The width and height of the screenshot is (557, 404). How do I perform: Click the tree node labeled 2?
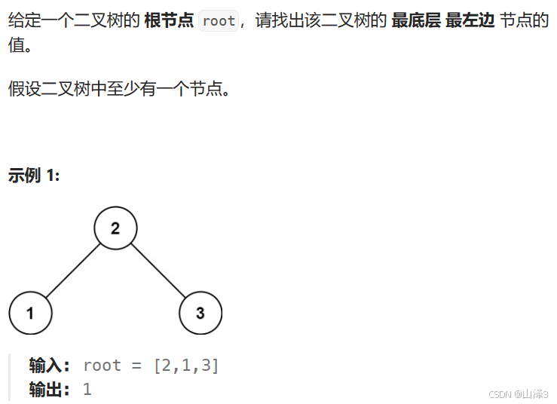(x=115, y=228)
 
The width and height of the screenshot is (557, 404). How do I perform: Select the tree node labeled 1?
(x=30, y=313)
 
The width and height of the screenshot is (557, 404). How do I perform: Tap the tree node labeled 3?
(x=200, y=313)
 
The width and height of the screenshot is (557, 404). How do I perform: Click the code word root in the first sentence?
(x=219, y=21)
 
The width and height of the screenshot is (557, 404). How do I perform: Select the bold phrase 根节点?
(x=169, y=21)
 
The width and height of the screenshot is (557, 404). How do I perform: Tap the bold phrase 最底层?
(x=416, y=21)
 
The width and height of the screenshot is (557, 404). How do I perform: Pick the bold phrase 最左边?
(x=470, y=21)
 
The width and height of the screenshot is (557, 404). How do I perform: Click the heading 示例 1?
(x=34, y=176)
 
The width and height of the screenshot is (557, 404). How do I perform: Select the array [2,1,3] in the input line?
(x=185, y=366)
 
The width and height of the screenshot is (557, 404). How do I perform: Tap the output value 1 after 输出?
(x=87, y=390)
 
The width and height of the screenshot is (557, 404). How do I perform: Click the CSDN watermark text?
(x=519, y=394)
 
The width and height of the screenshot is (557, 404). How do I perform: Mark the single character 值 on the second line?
(x=16, y=45)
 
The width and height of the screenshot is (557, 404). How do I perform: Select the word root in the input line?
(x=102, y=366)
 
